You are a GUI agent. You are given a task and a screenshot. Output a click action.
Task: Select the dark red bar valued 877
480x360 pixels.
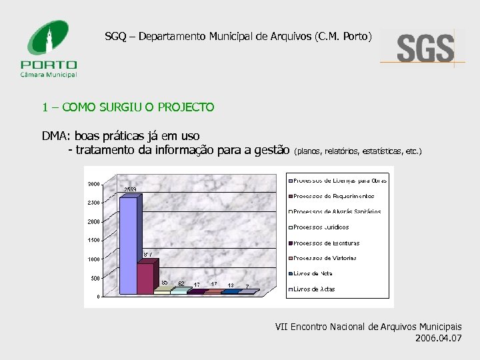click(x=145, y=277)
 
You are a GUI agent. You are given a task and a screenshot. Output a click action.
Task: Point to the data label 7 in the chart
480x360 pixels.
click(x=247, y=287)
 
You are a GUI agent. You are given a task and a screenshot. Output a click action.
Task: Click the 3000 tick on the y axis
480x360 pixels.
click(x=93, y=184)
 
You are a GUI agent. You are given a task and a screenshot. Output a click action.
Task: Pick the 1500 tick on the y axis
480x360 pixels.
click(x=93, y=240)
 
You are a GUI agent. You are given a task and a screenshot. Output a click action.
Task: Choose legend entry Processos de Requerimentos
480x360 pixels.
click(x=333, y=196)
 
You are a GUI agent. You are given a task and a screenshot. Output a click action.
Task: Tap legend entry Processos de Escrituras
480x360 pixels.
click(x=326, y=243)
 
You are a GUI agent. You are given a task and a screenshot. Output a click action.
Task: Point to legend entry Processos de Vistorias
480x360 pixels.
click(x=325, y=258)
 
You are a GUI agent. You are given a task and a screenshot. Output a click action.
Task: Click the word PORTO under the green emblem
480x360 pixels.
click(x=49, y=65)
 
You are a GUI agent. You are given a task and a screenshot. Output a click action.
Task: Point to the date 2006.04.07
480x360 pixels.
click(x=437, y=338)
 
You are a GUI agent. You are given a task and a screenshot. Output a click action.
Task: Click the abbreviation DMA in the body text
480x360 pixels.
click(x=55, y=137)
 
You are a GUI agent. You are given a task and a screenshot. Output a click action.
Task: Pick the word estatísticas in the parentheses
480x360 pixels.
click(x=382, y=151)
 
